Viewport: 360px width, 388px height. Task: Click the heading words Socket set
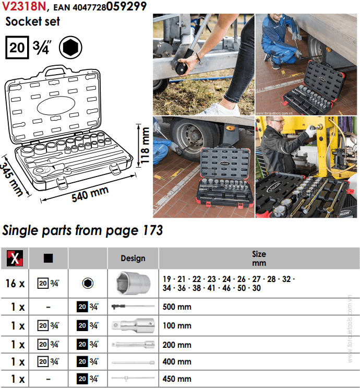(32, 22)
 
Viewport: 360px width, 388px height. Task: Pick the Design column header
(133, 258)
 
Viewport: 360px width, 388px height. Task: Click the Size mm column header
(259, 258)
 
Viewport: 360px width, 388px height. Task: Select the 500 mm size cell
(177, 307)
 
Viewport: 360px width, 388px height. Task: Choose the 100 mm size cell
(177, 326)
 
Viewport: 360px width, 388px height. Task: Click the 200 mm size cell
(177, 345)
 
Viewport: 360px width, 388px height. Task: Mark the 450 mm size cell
(177, 379)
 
